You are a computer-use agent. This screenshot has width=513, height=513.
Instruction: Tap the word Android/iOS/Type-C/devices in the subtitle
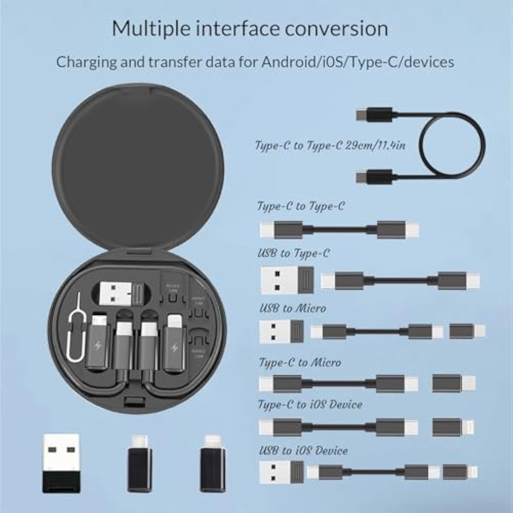(358, 62)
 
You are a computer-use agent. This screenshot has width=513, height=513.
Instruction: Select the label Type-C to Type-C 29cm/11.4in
(330, 145)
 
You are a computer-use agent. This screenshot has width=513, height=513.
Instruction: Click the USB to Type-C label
(293, 253)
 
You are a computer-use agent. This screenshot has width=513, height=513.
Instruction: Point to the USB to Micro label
(292, 308)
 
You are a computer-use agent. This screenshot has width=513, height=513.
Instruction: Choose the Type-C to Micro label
(300, 363)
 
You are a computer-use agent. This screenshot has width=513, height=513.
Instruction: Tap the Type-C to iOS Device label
(310, 405)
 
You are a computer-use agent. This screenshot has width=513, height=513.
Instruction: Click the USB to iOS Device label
(303, 450)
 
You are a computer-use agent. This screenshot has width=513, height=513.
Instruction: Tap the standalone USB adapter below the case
(61, 463)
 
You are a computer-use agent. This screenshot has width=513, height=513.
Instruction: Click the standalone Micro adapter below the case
(140, 463)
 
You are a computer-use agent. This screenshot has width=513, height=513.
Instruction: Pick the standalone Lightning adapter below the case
(212, 463)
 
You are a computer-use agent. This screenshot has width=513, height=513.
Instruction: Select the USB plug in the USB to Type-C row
(287, 280)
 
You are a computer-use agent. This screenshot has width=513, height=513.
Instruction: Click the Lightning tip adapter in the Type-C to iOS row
(453, 427)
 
